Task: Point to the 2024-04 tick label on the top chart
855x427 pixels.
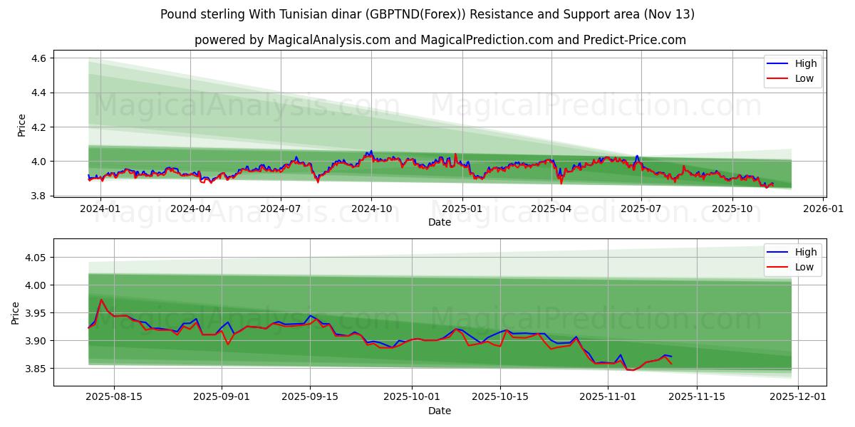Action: [190, 209]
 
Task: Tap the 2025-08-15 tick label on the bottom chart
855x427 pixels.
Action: [114, 397]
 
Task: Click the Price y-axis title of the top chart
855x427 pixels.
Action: [21, 125]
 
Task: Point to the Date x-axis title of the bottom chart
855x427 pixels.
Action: [439, 411]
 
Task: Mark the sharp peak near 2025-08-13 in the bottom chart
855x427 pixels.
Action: [101, 300]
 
